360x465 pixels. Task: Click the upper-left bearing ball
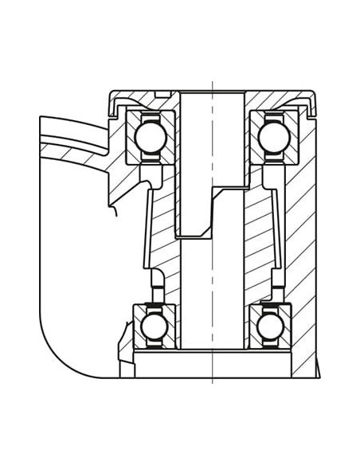(x=149, y=136)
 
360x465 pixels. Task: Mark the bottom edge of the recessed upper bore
(x=194, y=236)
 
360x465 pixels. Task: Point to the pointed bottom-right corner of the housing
(x=318, y=376)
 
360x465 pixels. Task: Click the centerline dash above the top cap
(x=213, y=84)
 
